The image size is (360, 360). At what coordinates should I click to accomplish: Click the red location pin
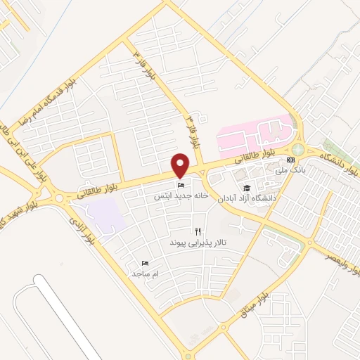tap(181, 165)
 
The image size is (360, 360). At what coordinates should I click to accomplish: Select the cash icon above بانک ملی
tap(291, 160)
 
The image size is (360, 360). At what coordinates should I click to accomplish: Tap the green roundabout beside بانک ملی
tap(299, 149)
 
